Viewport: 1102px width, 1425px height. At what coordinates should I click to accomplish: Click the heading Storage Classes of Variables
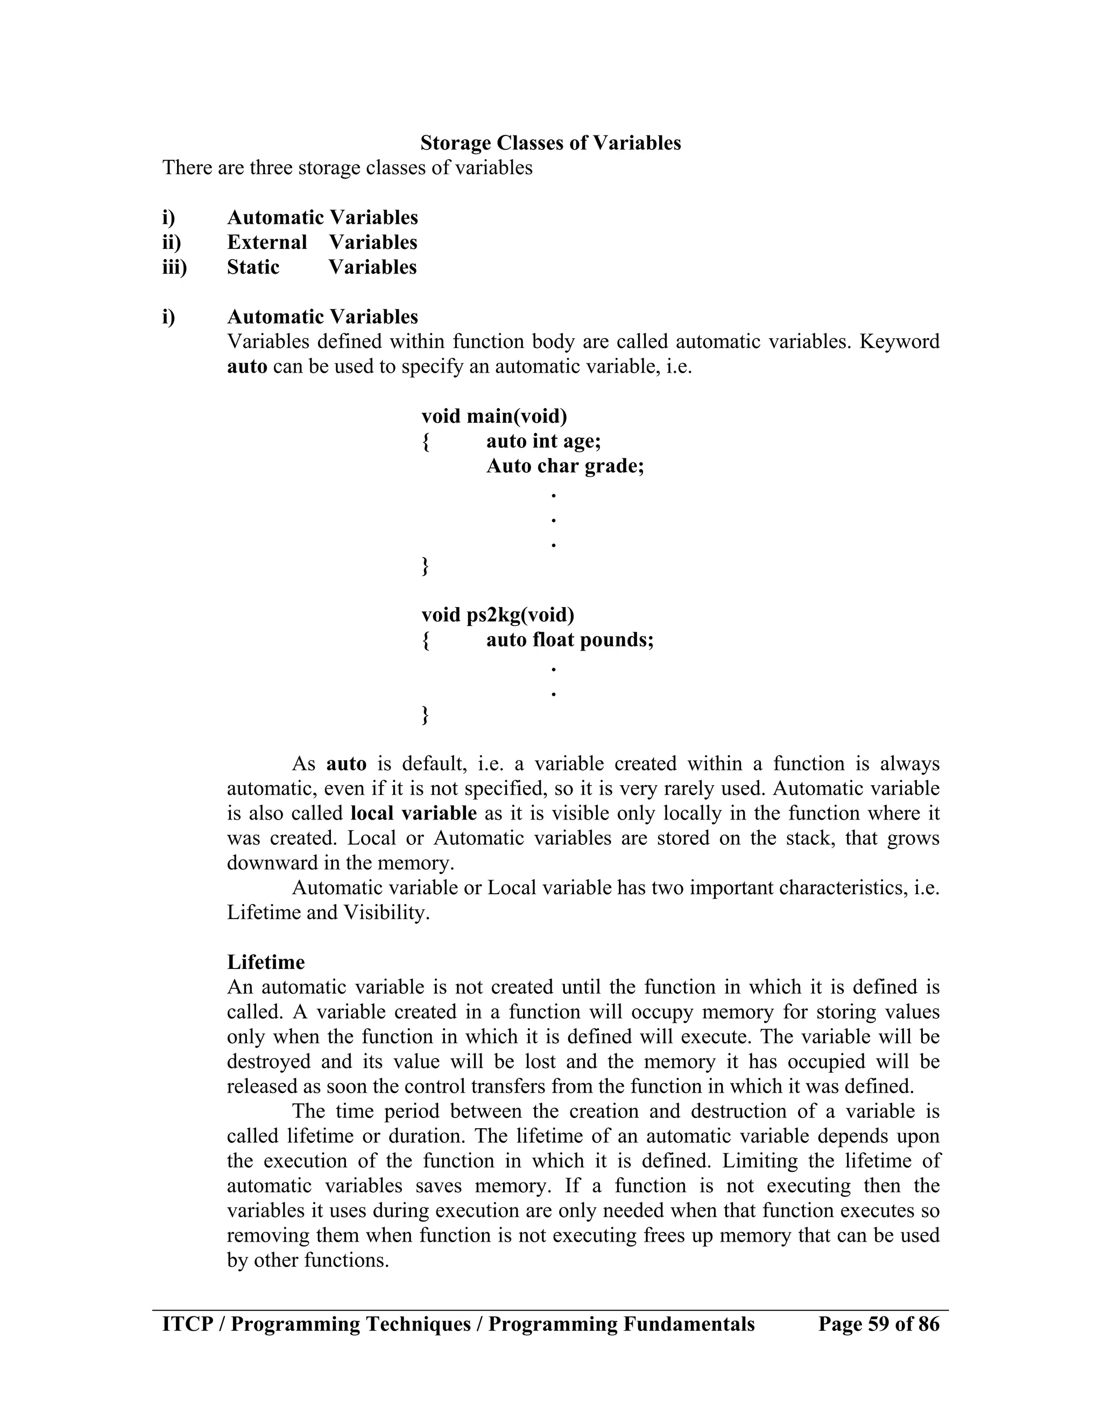tap(550, 143)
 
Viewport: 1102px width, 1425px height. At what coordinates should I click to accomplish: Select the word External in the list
tap(267, 242)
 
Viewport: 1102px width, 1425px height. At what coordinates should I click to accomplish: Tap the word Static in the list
tap(253, 267)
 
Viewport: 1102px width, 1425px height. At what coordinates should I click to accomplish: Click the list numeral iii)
tap(174, 267)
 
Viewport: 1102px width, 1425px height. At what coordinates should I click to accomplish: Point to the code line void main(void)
tap(494, 416)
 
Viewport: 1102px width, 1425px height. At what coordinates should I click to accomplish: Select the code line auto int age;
tap(543, 441)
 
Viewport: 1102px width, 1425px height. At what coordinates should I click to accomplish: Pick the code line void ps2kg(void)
tap(498, 615)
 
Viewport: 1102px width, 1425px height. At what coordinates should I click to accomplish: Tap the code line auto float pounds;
tap(569, 639)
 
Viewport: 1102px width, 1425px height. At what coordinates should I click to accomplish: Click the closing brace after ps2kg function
tap(426, 715)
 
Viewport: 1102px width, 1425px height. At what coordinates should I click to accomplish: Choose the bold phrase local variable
tap(413, 813)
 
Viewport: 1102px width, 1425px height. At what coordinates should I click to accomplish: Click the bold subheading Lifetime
tap(266, 963)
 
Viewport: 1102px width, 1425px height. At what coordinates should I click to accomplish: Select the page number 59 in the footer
tap(879, 1324)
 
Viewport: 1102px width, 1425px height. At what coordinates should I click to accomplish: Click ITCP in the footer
tap(187, 1324)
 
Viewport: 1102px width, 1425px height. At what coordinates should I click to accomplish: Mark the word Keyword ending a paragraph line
tap(899, 341)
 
